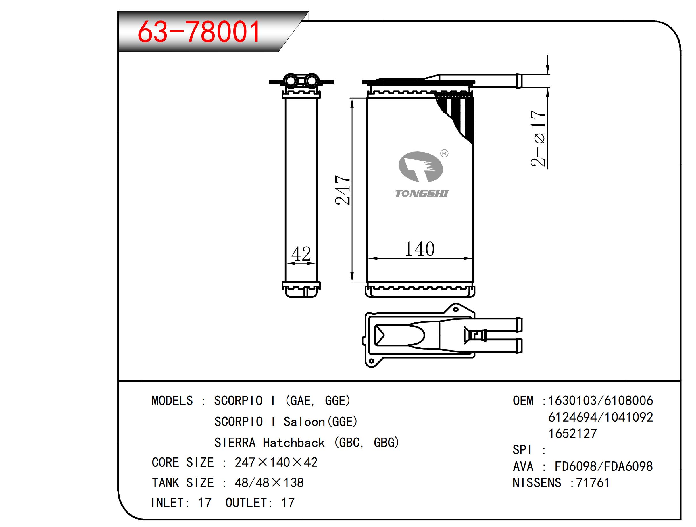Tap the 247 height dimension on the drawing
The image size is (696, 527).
tap(343, 190)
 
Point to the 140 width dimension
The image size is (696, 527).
tap(420, 249)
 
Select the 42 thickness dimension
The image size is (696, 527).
tap(301, 254)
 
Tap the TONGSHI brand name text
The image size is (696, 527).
tap(421, 193)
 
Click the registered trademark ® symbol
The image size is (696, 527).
tap(444, 153)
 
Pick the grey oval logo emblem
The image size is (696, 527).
tap(421, 167)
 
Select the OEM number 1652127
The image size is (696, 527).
tap(572, 434)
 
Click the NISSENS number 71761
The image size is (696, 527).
tap(593, 483)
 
